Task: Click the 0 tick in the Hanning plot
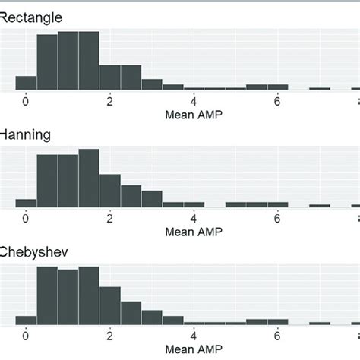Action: click(x=26, y=218)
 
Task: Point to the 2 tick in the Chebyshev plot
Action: click(x=109, y=335)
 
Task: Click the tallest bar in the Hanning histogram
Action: click(x=89, y=178)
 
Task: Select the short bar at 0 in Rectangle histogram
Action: click(x=26, y=84)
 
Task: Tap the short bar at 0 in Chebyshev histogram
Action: click(x=26, y=320)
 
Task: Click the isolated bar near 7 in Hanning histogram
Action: click(x=319, y=206)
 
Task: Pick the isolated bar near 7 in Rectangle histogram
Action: click(x=319, y=90)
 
